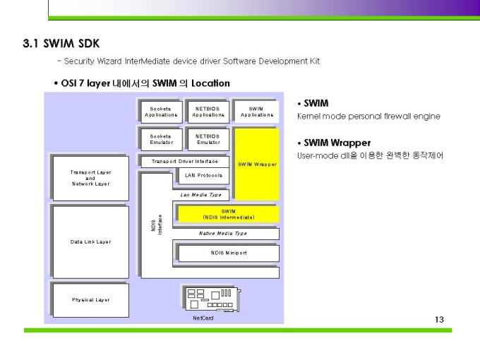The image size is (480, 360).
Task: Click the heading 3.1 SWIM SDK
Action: point(61,44)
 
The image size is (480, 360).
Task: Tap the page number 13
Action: point(439,320)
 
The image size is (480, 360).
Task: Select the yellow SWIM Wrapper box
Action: point(257,164)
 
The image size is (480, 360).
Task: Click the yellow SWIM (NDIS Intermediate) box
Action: point(229,214)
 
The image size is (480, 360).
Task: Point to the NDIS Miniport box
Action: point(229,253)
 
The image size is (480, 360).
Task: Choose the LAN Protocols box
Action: point(204,175)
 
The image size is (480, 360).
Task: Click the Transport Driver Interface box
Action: point(185,162)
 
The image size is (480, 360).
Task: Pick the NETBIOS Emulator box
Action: point(208,139)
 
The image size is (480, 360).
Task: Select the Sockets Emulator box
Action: point(162,139)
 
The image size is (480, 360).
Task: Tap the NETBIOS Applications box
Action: point(208,112)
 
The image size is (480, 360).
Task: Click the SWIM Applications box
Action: point(257,112)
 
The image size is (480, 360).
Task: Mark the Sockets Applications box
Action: point(162,112)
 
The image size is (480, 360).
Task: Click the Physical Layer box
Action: point(91,300)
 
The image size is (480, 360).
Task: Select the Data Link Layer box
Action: point(91,242)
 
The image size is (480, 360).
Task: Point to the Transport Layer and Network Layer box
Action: point(91,178)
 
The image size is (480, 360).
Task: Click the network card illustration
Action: point(212,299)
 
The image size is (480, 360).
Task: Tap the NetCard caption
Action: point(203,318)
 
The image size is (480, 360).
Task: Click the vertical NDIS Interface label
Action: point(157,225)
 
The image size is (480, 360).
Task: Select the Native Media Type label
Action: point(222,234)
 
